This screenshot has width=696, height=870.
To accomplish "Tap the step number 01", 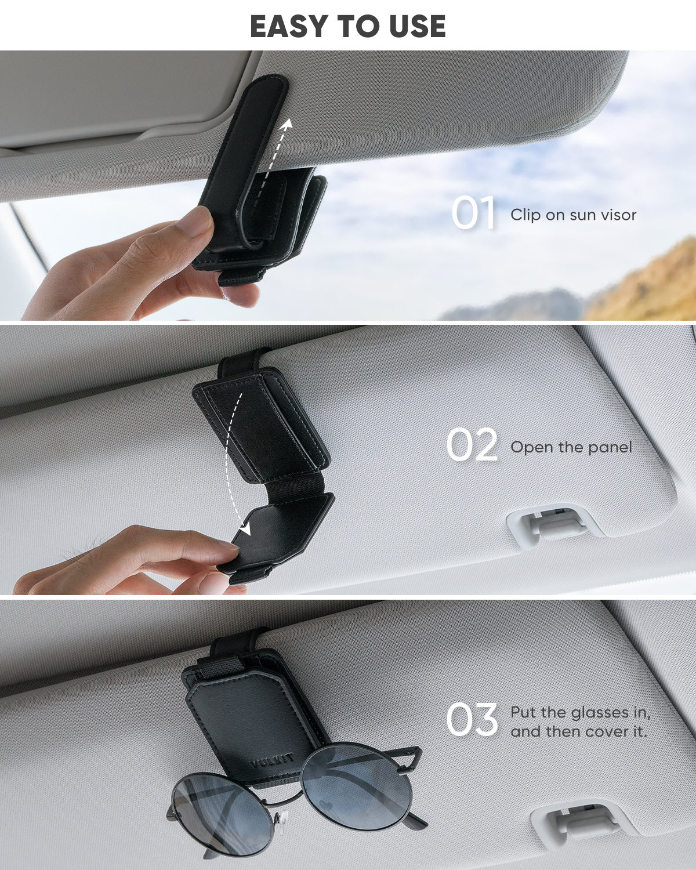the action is click(x=474, y=213).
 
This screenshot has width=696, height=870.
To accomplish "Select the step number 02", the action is click(x=472, y=445).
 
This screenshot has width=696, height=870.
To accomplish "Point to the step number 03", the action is click(x=472, y=720).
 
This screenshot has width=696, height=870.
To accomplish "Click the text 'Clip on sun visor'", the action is click(x=573, y=215).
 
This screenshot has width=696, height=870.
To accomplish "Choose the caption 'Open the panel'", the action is click(x=571, y=448).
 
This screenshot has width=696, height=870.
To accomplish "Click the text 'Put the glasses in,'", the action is click(x=581, y=712).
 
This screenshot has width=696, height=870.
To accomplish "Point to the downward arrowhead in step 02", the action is click(x=245, y=529).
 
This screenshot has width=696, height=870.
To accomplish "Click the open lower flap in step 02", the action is click(x=279, y=534).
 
